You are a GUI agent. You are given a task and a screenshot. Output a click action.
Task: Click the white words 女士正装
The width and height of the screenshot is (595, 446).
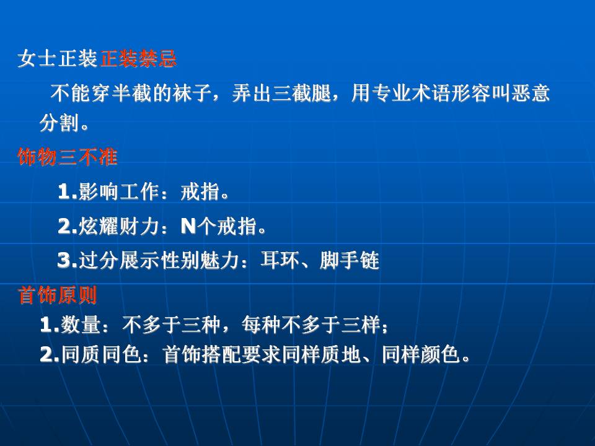pos(57,59)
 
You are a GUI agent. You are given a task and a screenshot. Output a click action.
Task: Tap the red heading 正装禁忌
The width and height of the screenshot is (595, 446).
pos(138,59)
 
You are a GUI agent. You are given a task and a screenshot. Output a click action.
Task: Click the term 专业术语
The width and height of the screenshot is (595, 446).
pos(411,93)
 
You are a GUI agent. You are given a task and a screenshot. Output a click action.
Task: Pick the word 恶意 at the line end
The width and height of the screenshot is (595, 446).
pos(531,93)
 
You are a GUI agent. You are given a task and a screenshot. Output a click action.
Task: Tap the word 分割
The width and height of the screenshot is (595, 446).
pos(59,123)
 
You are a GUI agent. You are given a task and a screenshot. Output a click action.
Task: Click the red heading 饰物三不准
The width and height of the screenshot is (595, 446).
pos(68,157)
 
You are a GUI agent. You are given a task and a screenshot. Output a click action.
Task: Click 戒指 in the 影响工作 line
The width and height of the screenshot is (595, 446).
pos(200,191)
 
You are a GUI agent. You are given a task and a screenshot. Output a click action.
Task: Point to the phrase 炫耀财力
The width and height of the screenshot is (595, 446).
pos(118,226)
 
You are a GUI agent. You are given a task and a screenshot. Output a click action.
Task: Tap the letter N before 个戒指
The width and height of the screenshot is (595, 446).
pos(188,227)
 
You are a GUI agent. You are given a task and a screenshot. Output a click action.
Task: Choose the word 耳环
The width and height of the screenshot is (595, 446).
pos(280,260)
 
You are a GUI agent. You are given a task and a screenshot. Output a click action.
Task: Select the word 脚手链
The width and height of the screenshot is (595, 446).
pos(350,260)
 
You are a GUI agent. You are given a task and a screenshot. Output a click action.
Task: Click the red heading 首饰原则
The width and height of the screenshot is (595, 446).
pos(57,295)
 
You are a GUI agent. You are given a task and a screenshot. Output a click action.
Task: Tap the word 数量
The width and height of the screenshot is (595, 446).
pos(81,325)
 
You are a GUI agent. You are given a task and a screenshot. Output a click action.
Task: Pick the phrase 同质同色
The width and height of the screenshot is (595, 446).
pos(101,354)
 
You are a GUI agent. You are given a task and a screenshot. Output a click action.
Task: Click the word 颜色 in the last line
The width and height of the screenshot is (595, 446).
pos(441,354)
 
